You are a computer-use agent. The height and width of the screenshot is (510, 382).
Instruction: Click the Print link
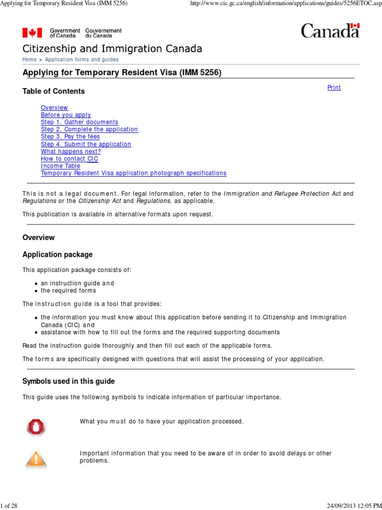[334, 88]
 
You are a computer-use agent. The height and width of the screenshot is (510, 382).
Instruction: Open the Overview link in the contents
[54, 108]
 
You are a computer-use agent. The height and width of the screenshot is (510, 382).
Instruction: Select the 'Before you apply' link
[66, 115]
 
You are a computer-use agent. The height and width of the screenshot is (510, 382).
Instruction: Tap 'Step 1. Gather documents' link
[80, 122]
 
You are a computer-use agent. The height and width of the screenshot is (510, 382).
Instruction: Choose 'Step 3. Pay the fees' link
[70, 136]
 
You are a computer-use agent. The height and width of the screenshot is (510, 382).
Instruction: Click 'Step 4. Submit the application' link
[86, 144]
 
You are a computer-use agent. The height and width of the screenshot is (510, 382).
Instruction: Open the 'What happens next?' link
[71, 151]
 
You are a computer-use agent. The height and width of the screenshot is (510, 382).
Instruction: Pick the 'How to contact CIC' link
[70, 159]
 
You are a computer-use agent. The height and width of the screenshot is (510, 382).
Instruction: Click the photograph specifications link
[133, 173]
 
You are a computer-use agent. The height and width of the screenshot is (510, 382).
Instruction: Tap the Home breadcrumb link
[29, 60]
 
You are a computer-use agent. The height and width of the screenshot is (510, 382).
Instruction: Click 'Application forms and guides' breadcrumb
[82, 60]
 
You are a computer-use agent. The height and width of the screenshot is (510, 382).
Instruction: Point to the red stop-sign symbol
[36, 426]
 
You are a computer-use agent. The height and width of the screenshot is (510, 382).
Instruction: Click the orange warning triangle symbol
[36, 458]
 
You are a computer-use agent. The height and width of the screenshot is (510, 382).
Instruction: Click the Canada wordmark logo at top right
[330, 31]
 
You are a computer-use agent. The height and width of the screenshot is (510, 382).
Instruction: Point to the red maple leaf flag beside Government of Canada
[32, 33]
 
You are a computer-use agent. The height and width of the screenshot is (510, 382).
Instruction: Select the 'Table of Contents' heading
[54, 91]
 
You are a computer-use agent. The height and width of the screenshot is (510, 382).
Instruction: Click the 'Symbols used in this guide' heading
[69, 382]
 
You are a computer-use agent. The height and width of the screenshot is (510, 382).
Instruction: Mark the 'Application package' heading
[58, 255]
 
